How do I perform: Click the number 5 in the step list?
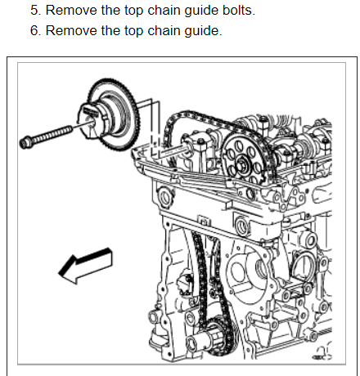(35, 11)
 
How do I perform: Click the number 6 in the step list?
(35, 30)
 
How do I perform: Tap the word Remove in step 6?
(71, 30)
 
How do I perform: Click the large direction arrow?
(85, 266)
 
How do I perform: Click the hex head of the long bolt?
(26, 142)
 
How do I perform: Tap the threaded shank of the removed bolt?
(52, 134)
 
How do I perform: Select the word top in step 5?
(133, 11)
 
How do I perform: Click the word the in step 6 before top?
(111, 30)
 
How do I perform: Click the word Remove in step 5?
(71, 11)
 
